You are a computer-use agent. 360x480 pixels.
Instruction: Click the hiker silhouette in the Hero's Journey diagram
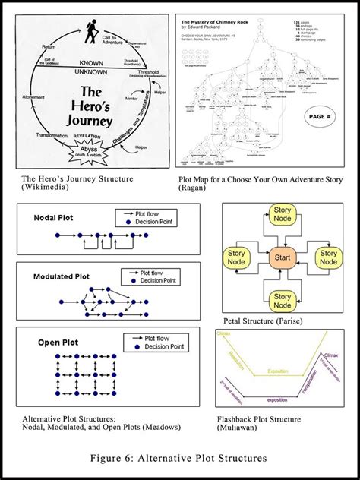pyautogui.click(x=92, y=32)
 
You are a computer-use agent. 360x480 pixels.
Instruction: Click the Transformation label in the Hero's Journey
pyautogui.click(x=52, y=134)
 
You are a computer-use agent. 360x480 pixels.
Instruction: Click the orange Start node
pyautogui.click(x=283, y=256)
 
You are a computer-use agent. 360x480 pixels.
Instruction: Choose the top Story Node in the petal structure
pyautogui.click(x=283, y=215)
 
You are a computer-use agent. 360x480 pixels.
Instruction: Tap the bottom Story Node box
pyautogui.click(x=283, y=301)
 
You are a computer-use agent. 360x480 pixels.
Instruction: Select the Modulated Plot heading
pyautogui.click(x=62, y=276)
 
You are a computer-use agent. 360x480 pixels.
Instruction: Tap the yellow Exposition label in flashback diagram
pyautogui.click(x=277, y=371)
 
